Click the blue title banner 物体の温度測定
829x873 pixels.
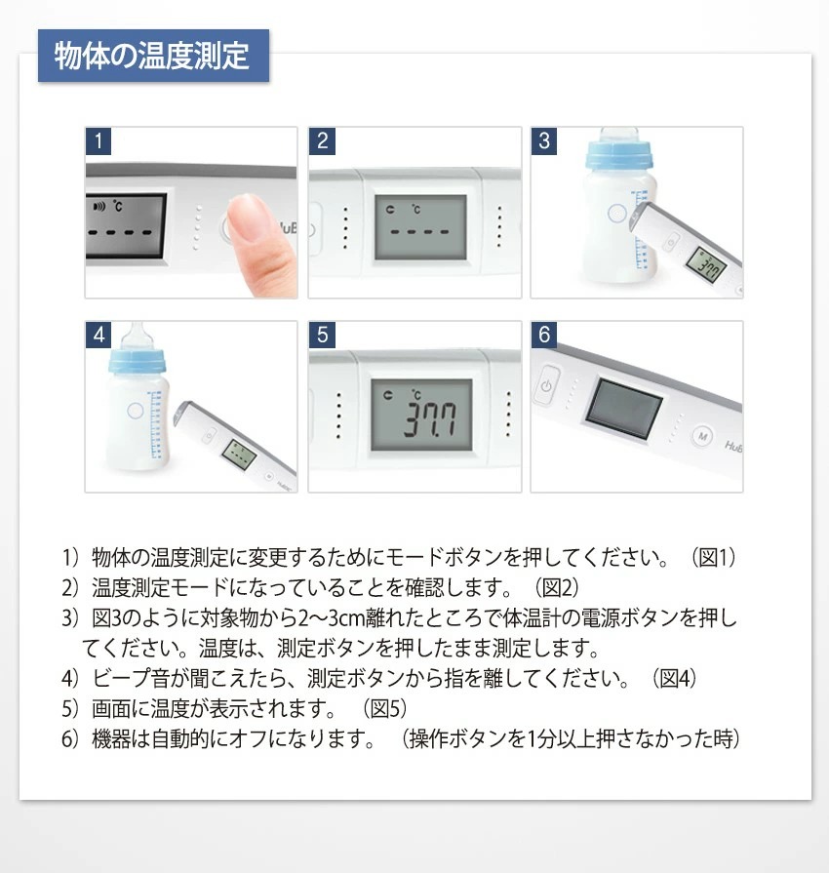pos(154,56)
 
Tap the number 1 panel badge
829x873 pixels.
pos(99,140)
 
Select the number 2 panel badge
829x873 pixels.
pos(322,140)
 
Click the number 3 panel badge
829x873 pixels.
pos(544,140)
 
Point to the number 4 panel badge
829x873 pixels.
pos(99,335)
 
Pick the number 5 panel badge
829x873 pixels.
pos(322,335)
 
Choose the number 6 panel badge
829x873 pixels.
pos(544,335)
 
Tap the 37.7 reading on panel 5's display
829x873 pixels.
pos(430,418)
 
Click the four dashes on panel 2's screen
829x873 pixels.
pos(419,231)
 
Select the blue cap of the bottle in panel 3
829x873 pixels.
pos(618,156)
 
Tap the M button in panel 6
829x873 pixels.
pos(702,436)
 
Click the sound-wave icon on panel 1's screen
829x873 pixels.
pos(99,207)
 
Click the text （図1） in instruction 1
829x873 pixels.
pos(714,557)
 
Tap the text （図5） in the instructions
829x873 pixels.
pos(385,709)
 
